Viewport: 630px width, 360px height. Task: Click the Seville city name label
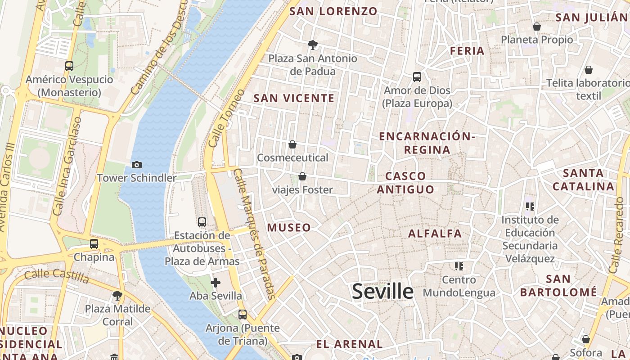[x=382, y=292]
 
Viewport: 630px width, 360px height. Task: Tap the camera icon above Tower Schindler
[x=137, y=165]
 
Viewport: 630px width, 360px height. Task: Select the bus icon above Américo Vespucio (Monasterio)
[x=69, y=66]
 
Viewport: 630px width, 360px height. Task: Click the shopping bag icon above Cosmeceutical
[x=292, y=144]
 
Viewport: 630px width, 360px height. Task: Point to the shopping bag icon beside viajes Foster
[x=302, y=176]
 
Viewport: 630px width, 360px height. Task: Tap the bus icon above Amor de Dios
[x=417, y=77]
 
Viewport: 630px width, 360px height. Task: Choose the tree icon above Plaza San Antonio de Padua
[x=312, y=45]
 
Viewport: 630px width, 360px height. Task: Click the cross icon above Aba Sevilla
[x=216, y=283]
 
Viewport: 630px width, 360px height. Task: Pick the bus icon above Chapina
[x=94, y=244]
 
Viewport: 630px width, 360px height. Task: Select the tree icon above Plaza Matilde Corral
[x=117, y=296]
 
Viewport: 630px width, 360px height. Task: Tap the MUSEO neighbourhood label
[x=289, y=228]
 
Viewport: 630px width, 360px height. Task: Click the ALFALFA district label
[x=435, y=234]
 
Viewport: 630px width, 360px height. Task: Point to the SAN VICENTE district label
[x=294, y=98]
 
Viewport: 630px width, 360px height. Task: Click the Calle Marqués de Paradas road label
[x=255, y=234]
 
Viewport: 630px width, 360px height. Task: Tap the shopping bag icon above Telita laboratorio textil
[x=588, y=70]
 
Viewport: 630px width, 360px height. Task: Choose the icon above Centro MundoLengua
[x=459, y=266]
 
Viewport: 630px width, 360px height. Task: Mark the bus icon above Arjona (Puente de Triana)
[x=243, y=314]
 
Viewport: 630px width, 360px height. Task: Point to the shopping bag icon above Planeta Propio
[x=537, y=27]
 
